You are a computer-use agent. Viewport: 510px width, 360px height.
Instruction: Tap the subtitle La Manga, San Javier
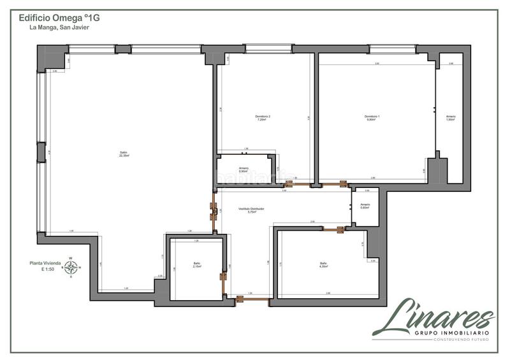tap(55, 28)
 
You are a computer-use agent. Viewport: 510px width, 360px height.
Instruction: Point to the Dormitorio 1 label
tap(372, 117)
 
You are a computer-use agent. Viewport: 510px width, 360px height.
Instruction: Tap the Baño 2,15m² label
tap(197, 265)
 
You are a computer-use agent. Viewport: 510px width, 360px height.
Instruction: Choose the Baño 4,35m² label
tap(323, 265)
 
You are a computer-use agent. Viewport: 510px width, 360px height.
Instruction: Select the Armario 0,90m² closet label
tap(243, 169)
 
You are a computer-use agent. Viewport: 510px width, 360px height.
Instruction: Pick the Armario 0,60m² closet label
tap(365, 206)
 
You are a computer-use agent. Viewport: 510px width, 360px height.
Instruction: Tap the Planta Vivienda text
tap(45, 263)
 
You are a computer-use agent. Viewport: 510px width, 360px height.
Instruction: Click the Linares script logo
tap(433, 316)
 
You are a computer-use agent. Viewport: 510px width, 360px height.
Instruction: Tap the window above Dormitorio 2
tap(268, 48)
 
